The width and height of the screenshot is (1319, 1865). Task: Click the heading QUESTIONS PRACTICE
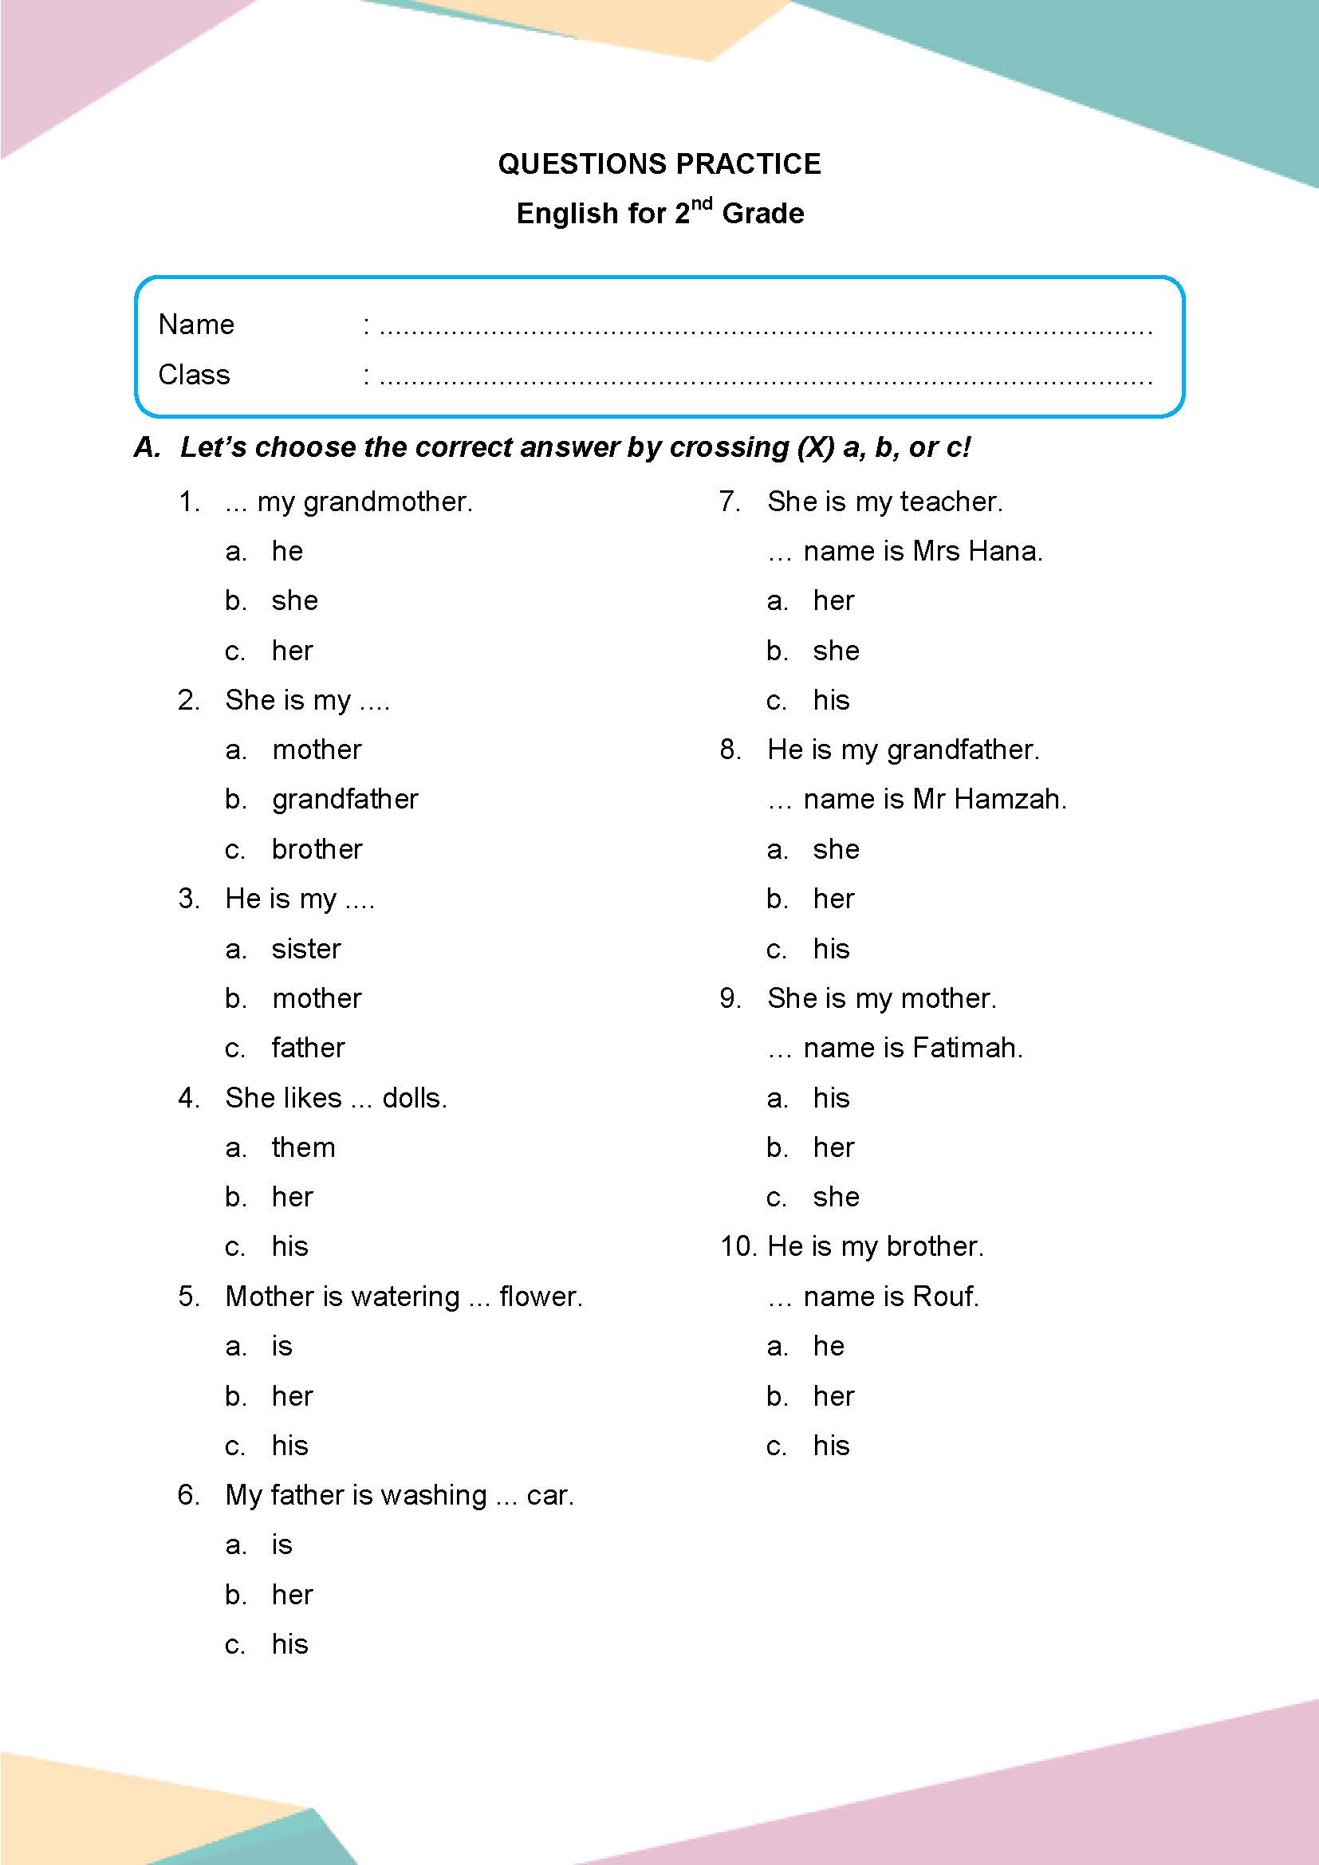tap(659, 164)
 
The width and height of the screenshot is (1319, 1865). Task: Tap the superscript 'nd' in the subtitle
tap(702, 203)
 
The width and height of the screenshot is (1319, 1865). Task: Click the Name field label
tap(196, 325)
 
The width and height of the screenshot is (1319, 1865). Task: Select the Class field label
tap(194, 375)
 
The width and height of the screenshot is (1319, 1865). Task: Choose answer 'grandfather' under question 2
tap(345, 799)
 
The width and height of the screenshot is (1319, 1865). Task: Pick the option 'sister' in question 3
tap(306, 949)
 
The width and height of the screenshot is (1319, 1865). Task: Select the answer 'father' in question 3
tap(308, 1048)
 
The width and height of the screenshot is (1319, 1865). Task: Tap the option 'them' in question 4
tap(303, 1147)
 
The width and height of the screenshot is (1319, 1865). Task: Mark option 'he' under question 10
tap(829, 1347)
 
